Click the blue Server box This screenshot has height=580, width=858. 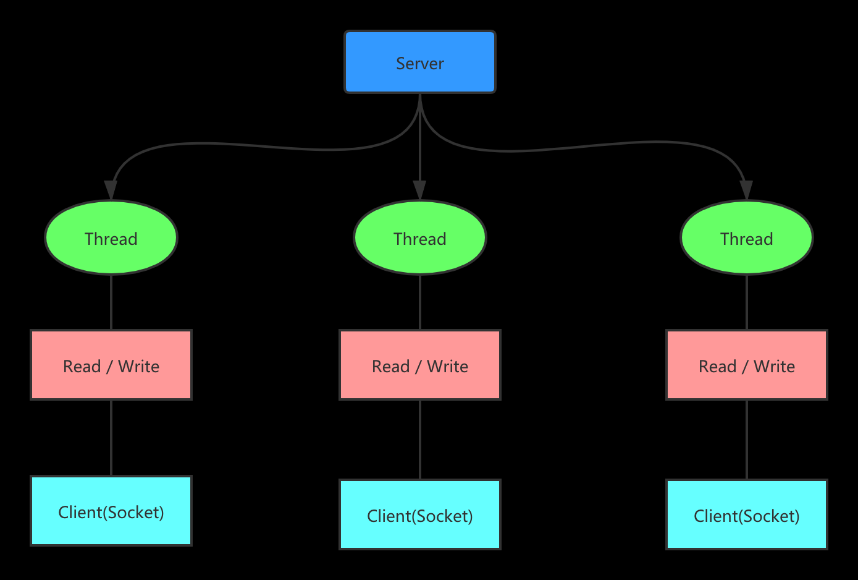pyautogui.click(x=420, y=62)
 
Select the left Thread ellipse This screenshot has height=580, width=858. pyautogui.click(x=111, y=238)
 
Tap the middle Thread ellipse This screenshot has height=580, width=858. pyautogui.click(x=420, y=238)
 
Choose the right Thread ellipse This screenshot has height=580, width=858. pyautogui.click(x=746, y=238)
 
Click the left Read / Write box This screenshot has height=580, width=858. pyautogui.click(x=111, y=365)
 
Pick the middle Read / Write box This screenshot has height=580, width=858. pyautogui.click(x=420, y=365)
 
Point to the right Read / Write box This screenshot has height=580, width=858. pyautogui.click(x=746, y=365)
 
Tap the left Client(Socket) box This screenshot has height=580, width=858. pyautogui.click(x=111, y=511)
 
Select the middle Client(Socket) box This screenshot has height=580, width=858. pyautogui.click(x=420, y=514)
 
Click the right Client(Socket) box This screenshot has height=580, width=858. pyautogui.click(x=746, y=514)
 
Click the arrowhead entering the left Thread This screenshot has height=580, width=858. pyautogui.click(x=111, y=190)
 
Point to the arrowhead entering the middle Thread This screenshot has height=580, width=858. pyautogui.click(x=420, y=190)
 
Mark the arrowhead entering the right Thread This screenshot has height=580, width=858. pyautogui.click(x=746, y=190)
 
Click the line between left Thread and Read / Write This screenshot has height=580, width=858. pyautogui.click(x=111, y=302)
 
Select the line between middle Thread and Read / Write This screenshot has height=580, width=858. pyautogui.click(x=420, y=302)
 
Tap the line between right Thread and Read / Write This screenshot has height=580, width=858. pyautogui.click(x=747, y=302)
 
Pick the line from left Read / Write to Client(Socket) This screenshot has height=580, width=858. pyautogui.click(x=111, y=438)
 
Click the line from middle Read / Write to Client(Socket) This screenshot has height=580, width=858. pyautogui.click(x=420, y=440)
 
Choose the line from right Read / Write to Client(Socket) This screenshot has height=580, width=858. pyautogui.click(x=747, y=440)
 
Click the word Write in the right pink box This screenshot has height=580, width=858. pyautogui.click(x=774, y=367)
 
